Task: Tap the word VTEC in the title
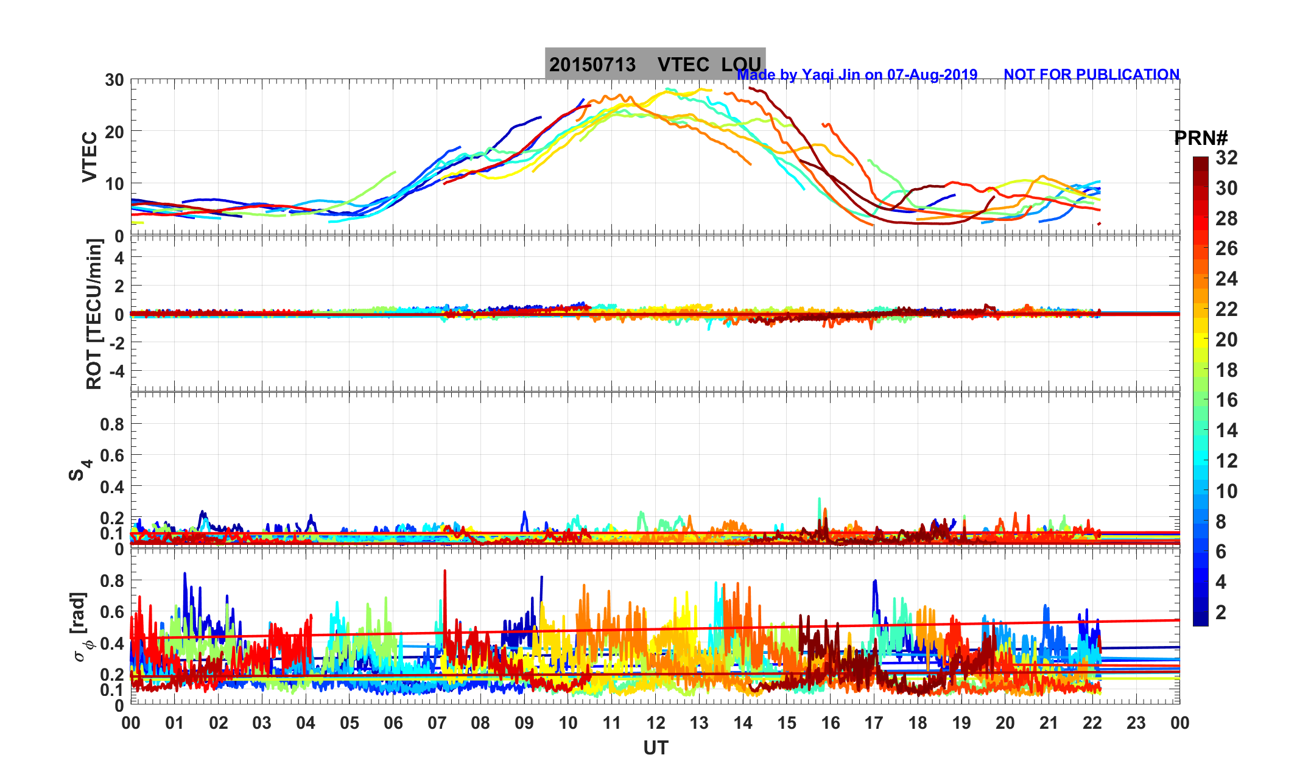tap(683, 65)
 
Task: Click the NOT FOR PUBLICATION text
tap(1091, 75)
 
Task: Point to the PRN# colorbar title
tap(1200, 138)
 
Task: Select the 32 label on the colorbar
tap(1226, 158)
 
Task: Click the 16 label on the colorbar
tap(1226, 400)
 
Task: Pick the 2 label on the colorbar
tap(1220, 612)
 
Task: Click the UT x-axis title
tap(656, 748)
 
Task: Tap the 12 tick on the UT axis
tap(656, 723)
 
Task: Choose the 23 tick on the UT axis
tap(1136, 723)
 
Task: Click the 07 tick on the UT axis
tap(437, 723)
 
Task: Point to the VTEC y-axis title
tap(90, 157)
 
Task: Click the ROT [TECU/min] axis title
tap(94, 314)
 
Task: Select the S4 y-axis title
tap(79, 470)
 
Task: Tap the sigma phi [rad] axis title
tap(82, 627)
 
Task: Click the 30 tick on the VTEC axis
tap(114, 80)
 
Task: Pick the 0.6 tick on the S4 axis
tap(112, 455)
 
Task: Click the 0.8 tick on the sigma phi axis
tap(112, 581)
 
